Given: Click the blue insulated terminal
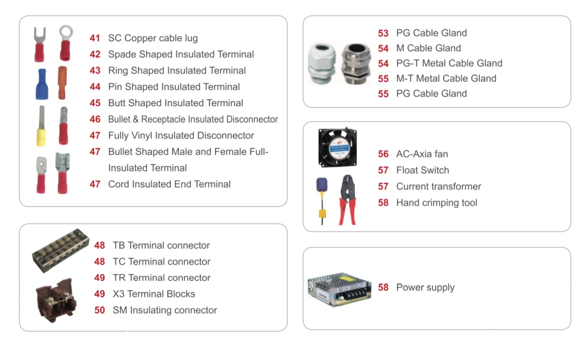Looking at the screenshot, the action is (x=42, y=84).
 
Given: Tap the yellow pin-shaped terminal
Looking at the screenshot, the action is (x=41, y=126).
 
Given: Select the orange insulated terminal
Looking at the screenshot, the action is (x=62, y=82).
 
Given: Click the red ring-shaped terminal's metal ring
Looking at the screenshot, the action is (x=66, y=32).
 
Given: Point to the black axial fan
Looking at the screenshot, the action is (x=338, y=147).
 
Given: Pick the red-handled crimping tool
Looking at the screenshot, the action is (x=347, y=200).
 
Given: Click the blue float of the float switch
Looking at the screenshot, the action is (x=322, y=185).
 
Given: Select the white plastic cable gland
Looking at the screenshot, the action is (x=321, y=64).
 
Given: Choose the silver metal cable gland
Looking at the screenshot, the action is (x=356, y=64).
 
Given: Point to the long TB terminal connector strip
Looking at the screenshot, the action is (x=61, y=250).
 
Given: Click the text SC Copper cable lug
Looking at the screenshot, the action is (x=153, y=38).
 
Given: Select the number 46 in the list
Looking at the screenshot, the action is (x=95, y=119).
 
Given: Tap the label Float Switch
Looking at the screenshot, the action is (x=423, y=170).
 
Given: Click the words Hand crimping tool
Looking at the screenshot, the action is (x=437, y=203).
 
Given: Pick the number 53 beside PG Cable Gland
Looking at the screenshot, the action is (x=383, y=33).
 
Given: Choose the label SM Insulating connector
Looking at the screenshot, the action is (x=165, y=310).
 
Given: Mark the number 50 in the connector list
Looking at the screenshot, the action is (x=100, y=310).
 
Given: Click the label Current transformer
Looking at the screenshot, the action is (x=439, y=187).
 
